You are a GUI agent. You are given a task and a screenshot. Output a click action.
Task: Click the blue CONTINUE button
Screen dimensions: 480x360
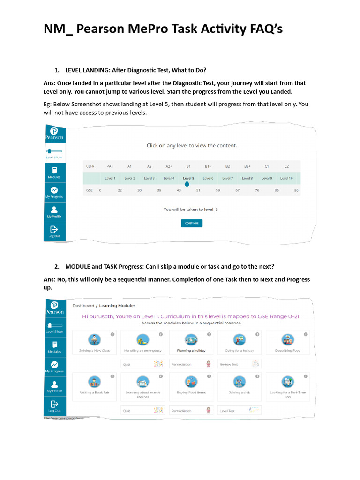pos(191,223)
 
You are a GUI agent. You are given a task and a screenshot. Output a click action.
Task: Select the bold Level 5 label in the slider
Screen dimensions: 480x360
pos(188,178)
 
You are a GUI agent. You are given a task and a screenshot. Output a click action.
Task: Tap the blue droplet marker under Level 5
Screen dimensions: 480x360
pos(187,184)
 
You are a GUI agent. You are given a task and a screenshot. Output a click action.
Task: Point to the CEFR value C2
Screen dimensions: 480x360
pos(286,166)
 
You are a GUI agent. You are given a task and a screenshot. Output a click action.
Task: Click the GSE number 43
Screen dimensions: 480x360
pos(179,190)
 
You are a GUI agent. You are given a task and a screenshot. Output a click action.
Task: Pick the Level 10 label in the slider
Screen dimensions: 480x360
pos(286,178)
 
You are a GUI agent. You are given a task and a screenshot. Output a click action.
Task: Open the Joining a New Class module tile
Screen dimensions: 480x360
pos(95,343)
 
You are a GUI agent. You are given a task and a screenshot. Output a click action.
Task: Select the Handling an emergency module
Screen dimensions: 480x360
pos(142,343)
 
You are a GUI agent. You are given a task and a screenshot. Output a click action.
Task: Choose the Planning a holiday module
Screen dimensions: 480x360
pos(191,343)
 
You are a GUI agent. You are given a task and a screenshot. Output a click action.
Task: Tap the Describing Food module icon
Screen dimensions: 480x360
pos(287,340)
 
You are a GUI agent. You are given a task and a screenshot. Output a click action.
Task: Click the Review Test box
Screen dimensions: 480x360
pos(239,364)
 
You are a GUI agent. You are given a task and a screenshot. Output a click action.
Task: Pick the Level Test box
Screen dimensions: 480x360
pos(239,411)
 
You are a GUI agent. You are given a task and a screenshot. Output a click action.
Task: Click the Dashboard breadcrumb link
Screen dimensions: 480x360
pos(83,306)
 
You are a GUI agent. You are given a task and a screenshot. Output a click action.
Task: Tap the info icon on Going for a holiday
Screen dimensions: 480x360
pos(257,334)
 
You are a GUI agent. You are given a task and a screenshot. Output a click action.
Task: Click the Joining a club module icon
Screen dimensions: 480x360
pos(239,382)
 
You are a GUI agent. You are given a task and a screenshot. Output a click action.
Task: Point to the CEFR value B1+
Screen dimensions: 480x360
pos(208,166)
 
